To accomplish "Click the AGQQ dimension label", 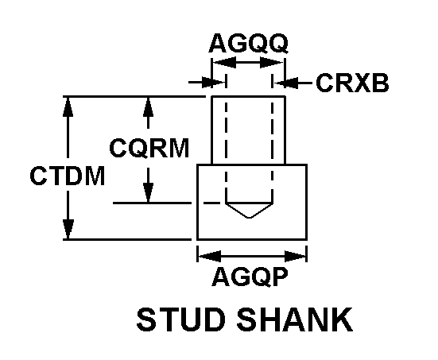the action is coord(248,44).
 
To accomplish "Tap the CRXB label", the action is coord(352,83).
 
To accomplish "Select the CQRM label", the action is coord(149,148).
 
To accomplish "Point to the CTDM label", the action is coord(68,176).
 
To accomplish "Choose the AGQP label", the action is coord(250,277).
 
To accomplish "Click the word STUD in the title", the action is coord(180,319).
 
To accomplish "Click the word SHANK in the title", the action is coord(295,319).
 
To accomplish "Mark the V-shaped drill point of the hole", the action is coord(249,210).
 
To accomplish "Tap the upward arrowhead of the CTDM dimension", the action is coord(68,106).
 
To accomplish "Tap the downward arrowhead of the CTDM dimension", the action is coord(68,230).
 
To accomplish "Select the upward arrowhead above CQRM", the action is coord(148,106).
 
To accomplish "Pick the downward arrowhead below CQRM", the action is coord(149,192).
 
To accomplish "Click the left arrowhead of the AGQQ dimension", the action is coord(224,62).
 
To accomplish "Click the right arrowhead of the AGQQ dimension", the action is coord(272,62).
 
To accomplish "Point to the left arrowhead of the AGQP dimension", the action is coord(210,256).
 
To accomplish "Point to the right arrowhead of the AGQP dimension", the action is coord(296,256).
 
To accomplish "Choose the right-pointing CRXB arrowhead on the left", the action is coord(213,83).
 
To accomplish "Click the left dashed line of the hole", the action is coord(226,138).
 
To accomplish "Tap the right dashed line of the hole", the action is coord(272,138).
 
